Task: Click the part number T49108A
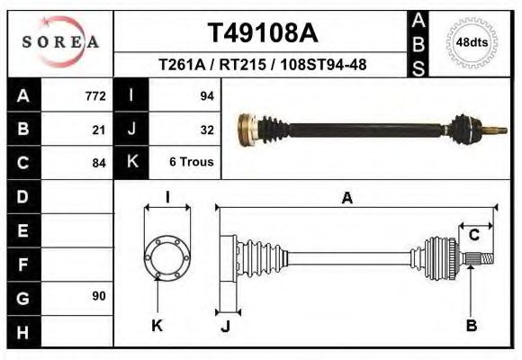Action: [x=263, y=33]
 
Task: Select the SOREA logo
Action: [x=59, y=41]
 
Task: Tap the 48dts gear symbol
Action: [x=472, y=42]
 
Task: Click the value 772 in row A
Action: [x=95, y=95]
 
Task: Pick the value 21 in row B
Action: [x=99, y=130]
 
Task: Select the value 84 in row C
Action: [x=99, y=163]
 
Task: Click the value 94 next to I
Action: [x=206, y=95]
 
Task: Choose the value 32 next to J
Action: [x=206, y=130]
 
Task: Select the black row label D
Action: [x=22, y=196]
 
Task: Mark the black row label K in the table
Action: [x=131, y=163]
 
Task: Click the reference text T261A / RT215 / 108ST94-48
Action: [x=263, y=65]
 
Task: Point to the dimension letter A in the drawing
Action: [x=346, y=199]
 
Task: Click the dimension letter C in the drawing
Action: [x=473, y=236]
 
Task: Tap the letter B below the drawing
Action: [x=471, y=325]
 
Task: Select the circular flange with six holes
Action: [x=168, y=256]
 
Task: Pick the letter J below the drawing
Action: [x=226, y=326]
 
